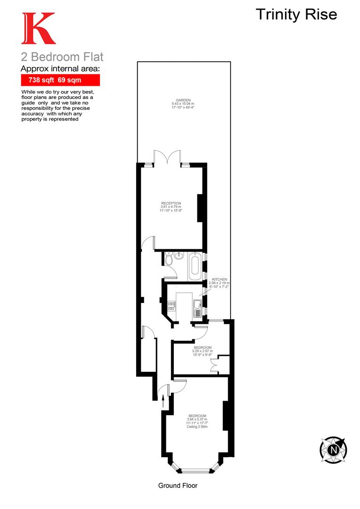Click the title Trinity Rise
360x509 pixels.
(x=296, y=14)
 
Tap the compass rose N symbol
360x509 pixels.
(x=334, y=449)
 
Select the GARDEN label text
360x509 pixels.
(x=183, y=100)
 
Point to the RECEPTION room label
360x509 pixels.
(x=171, y=203)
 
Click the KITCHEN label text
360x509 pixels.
(x=220, y=279)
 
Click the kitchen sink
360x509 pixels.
(x=197, y=310)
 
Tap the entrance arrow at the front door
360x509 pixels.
(x=164, y=402)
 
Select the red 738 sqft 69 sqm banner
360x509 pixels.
(x=60, y=80)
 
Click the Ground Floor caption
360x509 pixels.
(x=178, y=485)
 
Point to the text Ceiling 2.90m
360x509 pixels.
(x=196, y=427)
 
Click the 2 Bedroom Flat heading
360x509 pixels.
(x=62, y=57)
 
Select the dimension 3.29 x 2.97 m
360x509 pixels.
(x=202, y=351)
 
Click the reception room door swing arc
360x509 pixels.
(x=147, y=241)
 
